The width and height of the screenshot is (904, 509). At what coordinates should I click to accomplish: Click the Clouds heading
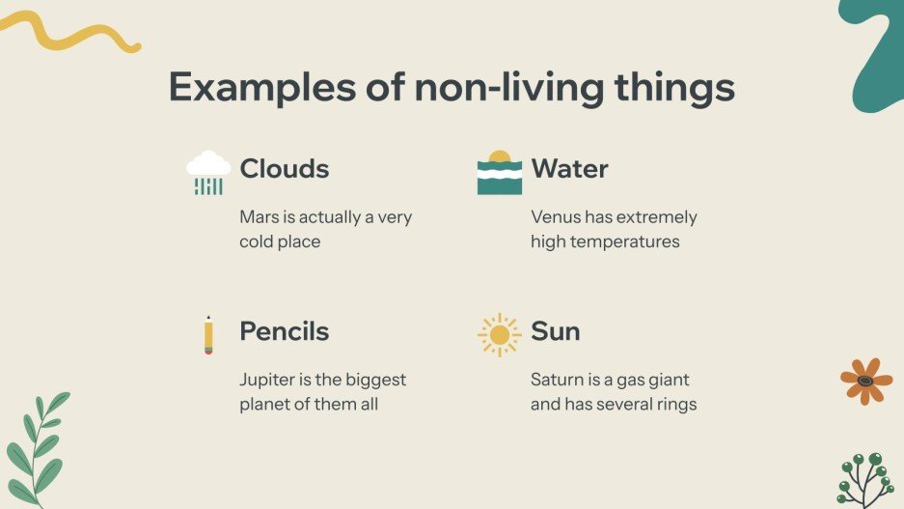point(284,169)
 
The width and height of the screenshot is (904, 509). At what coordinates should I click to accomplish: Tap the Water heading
point(569,169)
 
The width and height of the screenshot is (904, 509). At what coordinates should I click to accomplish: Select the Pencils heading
point(284,331)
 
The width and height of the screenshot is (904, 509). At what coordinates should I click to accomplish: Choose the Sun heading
point(555,331)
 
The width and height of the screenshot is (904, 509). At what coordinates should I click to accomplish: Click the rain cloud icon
point(208,173)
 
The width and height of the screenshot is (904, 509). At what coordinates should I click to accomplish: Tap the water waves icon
point(499,173)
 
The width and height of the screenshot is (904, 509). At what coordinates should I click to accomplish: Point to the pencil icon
point(208,334)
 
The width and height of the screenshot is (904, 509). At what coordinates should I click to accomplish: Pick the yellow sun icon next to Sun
point(499,334)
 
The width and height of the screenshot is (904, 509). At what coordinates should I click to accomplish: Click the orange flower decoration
point(865,381)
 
